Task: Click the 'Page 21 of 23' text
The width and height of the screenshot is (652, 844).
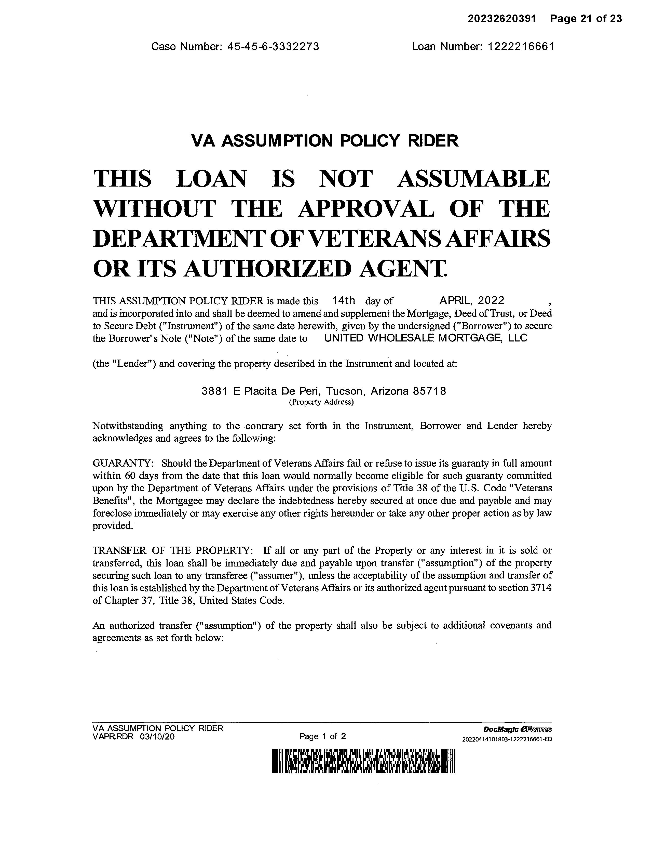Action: [586, 19]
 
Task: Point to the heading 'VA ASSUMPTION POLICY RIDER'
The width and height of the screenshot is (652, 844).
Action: [325, 141]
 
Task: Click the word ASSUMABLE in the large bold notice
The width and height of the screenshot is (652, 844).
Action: [473, 179]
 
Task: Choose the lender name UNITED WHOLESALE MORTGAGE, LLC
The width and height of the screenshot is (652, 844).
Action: [426, 338]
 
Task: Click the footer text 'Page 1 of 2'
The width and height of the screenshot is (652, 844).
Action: [322, 736]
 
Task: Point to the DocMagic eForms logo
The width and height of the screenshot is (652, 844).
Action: [517, 730]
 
